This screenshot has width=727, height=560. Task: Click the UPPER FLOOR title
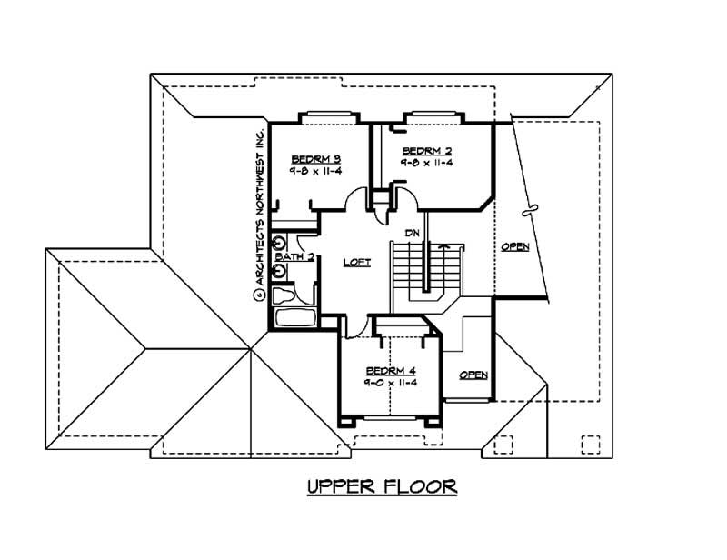point(382,486)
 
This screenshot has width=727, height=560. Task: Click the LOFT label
point(356,262)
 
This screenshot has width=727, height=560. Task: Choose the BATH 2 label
point(295,257)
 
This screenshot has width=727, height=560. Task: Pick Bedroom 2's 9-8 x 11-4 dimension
point(426,162)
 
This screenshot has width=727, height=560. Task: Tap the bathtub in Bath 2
point(294,319)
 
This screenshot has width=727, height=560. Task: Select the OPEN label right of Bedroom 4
point(473,375)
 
